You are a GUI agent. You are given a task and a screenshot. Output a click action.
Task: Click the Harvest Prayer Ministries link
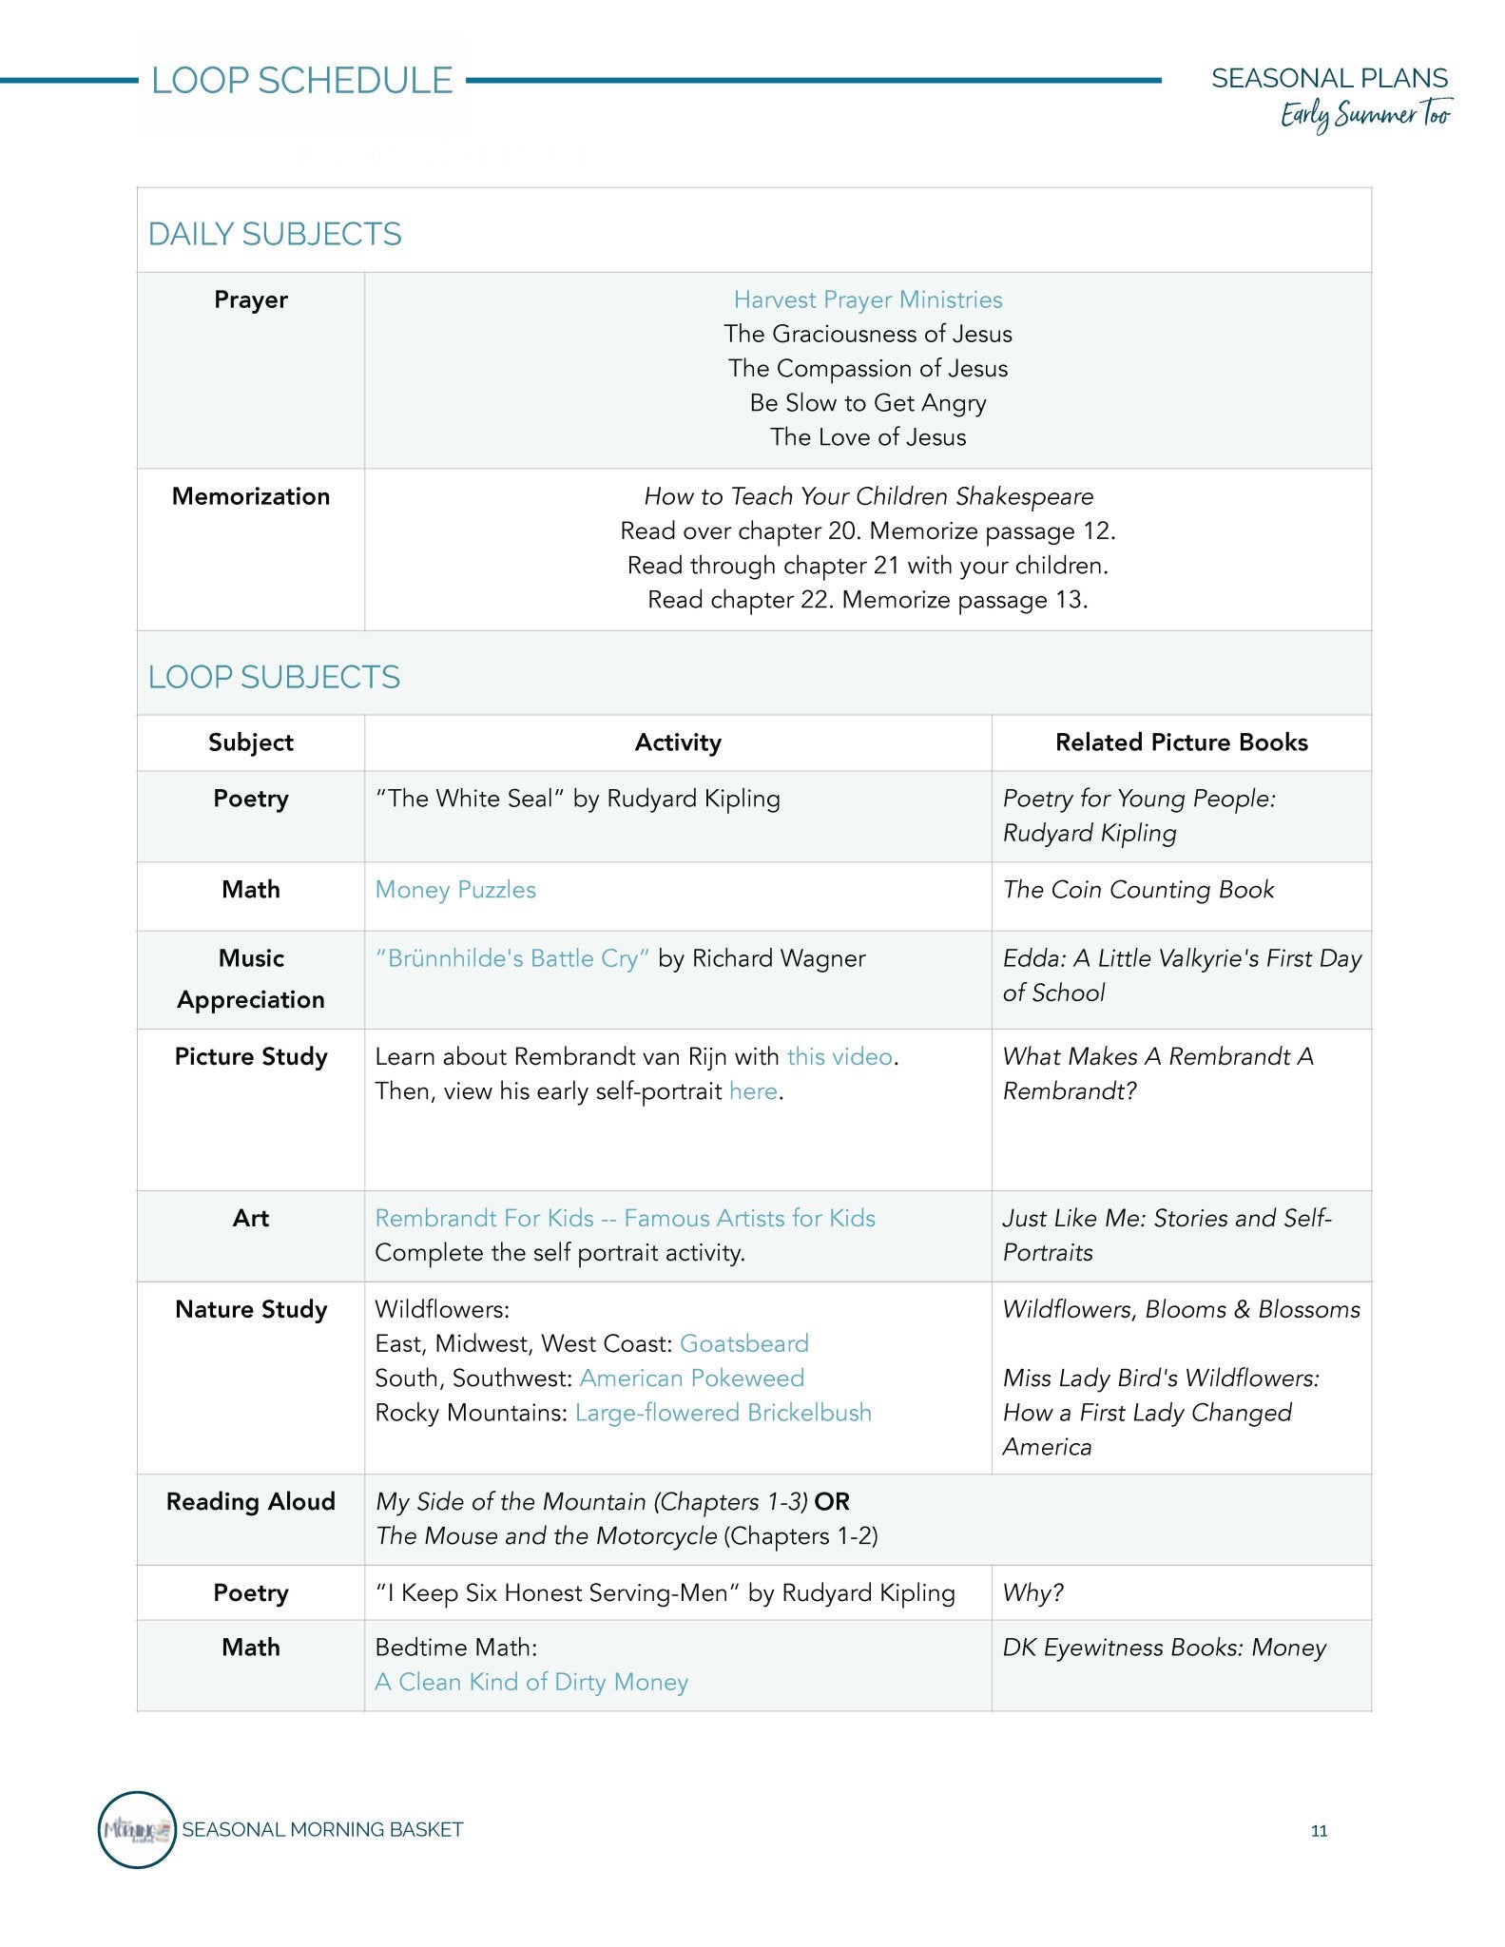(x=867, y=299)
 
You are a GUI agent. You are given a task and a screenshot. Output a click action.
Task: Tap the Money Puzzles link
(x=455, y=890)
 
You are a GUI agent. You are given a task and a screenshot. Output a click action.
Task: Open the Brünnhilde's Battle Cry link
(x=512, y=958)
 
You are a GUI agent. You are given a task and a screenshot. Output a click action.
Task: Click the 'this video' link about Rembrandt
(x=839, y=1056)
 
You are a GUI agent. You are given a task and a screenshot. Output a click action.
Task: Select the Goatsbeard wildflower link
(x=743, y=1343)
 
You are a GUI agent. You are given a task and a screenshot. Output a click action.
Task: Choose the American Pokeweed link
(x=691, y=1378)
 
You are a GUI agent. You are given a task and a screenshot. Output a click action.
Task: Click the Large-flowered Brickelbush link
(x=723, y=1413)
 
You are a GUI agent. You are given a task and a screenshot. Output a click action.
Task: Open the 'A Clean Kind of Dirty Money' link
(x=531, y=1682)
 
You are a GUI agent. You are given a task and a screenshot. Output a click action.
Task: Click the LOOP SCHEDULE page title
(x=301, y=81)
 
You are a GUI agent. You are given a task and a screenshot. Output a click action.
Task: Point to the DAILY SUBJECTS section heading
(x=275, y=234)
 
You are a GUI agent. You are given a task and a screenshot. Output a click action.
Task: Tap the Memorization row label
(x=251, y=496)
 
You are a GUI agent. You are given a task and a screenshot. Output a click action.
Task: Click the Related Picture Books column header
(x=1181, y=742)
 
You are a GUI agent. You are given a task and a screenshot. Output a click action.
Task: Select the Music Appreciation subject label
(x=251, y=978)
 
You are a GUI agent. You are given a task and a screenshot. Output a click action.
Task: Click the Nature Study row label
(x=251, y=1309)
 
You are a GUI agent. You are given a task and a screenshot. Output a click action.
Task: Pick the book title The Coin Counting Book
(x=1138, y=890)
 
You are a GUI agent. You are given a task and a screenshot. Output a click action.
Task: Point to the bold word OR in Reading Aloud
(x=832, y=1501)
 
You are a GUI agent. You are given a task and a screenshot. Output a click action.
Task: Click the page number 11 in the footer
(x=1319, y=1831)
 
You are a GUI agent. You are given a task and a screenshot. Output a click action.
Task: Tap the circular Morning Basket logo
(x=137, y=1830)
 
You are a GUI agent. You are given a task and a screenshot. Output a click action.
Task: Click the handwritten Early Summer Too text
(x=1365, y=115)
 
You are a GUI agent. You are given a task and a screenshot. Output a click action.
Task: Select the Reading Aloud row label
(x=251, y=1501)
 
